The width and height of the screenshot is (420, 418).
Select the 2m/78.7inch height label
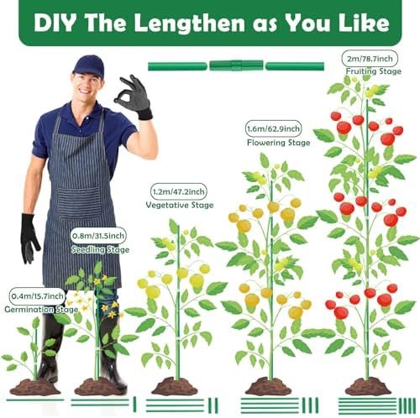click(370, 59)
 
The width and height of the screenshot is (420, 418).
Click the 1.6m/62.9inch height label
click(273, 129)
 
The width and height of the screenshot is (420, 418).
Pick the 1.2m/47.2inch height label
click(179, 191)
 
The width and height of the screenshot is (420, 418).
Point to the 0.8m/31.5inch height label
click(98, 236)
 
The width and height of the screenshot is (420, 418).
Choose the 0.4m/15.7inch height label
click(37, 296)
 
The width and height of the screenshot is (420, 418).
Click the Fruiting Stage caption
click(374, 71)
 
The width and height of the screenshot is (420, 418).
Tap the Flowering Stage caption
click(279, 143)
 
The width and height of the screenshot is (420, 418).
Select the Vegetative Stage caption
click(180, 205)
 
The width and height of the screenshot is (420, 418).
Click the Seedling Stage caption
click(100, 249)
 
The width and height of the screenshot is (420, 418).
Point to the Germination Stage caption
click(41, 310)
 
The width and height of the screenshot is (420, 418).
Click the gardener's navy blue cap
click(88, 66)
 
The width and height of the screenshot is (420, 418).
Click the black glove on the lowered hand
click(29, 238)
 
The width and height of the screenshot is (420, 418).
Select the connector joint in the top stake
click(236, 65)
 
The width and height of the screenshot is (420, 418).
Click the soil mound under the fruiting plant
click(368, 387)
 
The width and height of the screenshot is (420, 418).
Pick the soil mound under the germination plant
click(35, 387)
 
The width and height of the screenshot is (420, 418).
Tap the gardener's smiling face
click(87, 85)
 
